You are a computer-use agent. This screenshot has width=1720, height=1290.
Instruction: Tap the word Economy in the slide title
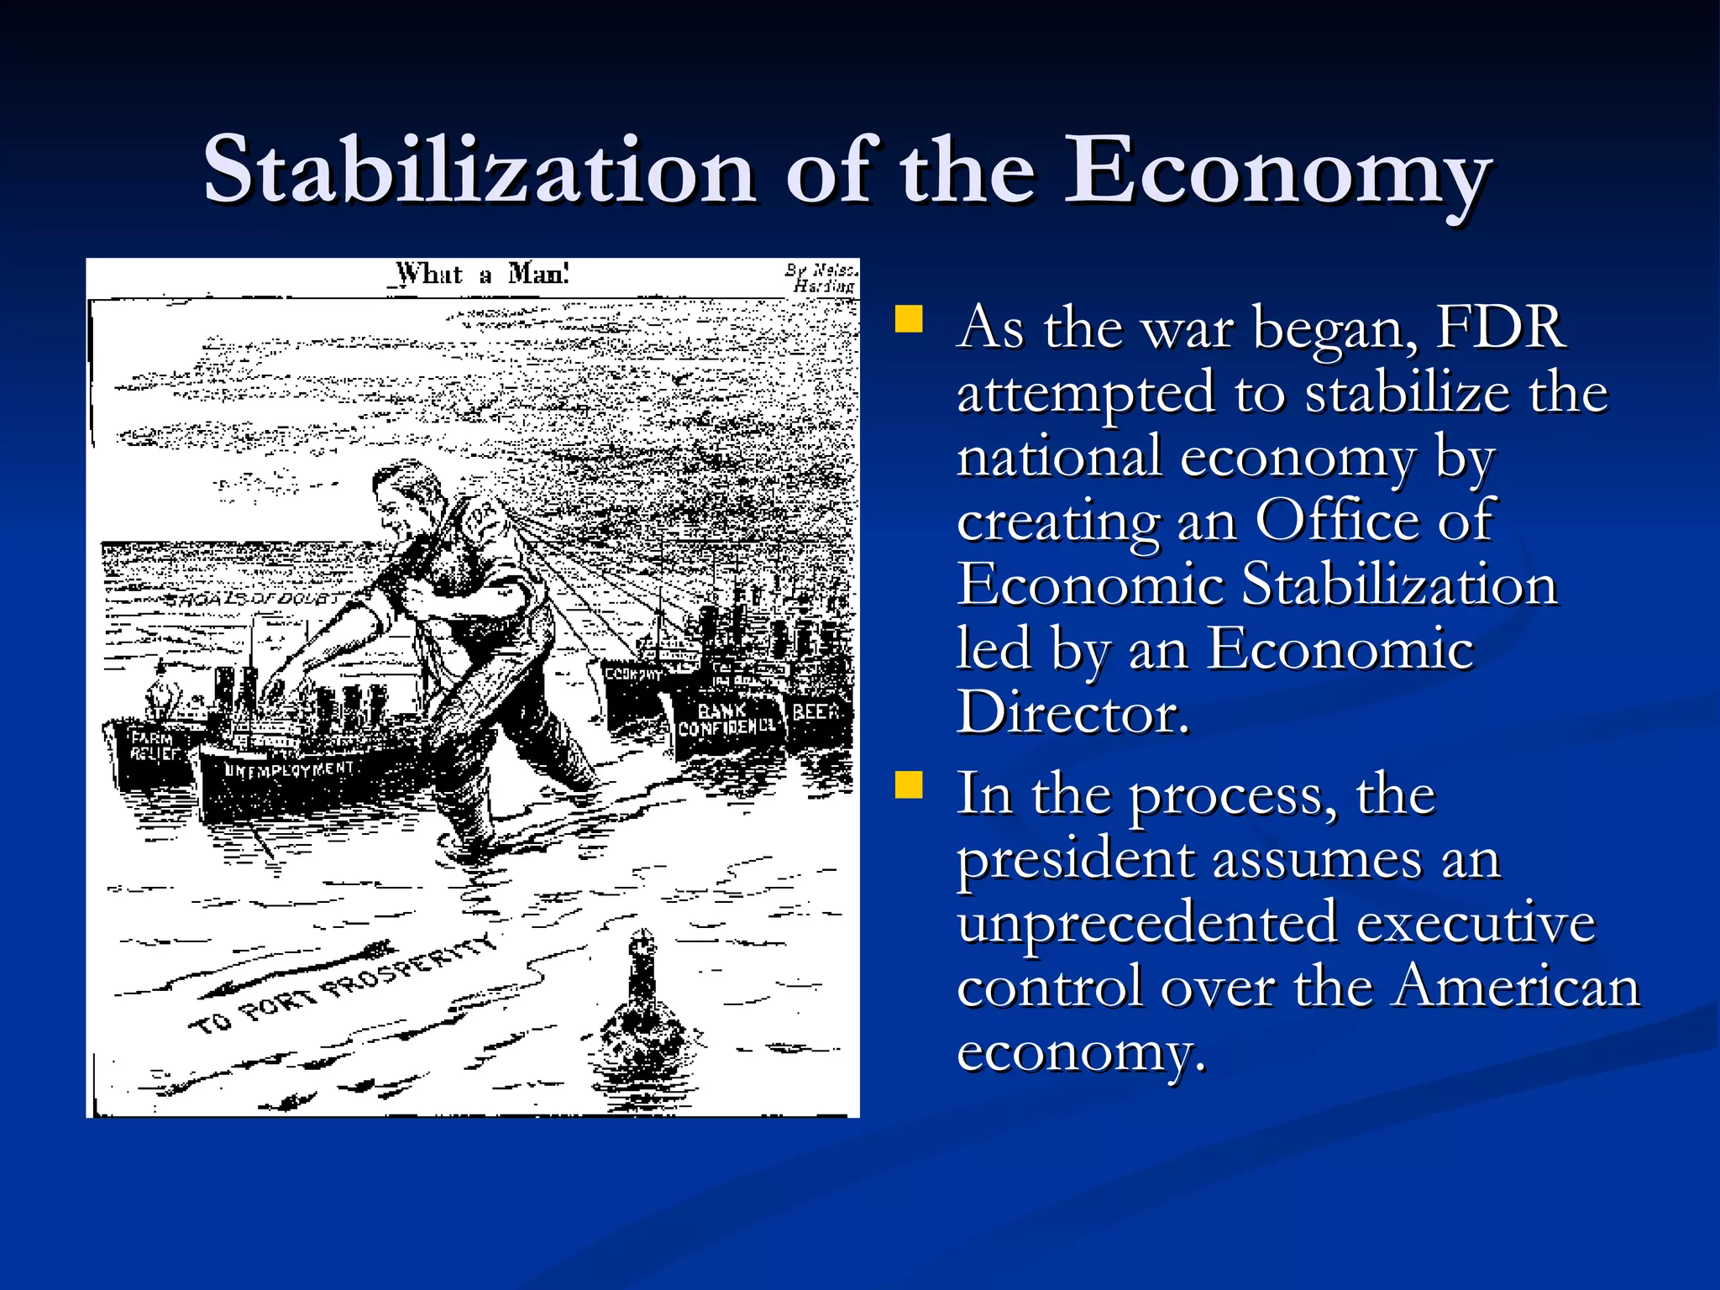pos(1277,172)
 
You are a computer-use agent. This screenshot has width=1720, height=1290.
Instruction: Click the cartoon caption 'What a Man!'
pos(483,274)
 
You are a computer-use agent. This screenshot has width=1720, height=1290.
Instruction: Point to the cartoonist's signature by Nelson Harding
pos(821,278)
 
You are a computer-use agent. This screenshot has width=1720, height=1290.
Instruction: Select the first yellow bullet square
pos(909,320)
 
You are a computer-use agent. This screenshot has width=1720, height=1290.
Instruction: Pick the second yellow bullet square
pos(909,785)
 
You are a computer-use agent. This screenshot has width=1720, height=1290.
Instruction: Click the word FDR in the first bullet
pos(1500,327)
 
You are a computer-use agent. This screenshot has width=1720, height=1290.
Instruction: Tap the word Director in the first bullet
pos(1072,713)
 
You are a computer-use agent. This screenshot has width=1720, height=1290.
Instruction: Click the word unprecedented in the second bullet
pos(1147,922)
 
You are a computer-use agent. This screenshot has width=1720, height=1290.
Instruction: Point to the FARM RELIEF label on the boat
pos(155,745)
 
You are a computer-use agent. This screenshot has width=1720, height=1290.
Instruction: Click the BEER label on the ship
pos(815,712)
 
